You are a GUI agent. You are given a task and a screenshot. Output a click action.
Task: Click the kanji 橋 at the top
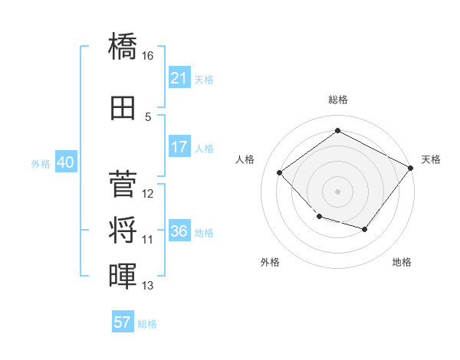tap(123, 46)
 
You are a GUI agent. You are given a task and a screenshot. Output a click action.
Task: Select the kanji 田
tap(123, 108)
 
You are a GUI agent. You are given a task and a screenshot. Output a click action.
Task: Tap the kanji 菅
tap(123, 184)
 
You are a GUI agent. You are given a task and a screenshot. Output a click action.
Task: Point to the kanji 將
tap(123, 230)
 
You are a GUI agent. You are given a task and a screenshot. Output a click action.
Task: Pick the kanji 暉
tap(123, 276)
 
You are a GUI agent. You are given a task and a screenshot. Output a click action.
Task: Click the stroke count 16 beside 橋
tap(147, 56)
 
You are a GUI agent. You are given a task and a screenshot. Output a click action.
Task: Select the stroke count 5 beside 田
tap(148, 117)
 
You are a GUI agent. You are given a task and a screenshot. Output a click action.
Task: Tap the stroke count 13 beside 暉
tap(147, 285)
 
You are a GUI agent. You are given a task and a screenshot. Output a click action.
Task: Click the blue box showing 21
tap(179, 77)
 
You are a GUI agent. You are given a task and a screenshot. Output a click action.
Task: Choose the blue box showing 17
tap(179, 146)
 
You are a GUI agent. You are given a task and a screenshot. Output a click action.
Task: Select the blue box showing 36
tap(179, 230)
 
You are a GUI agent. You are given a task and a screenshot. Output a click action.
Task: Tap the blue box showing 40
tap(66, 162)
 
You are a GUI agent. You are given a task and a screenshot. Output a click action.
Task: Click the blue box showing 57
tap(123, 321)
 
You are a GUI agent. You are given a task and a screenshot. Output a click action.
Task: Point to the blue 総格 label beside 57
tap(147, 324)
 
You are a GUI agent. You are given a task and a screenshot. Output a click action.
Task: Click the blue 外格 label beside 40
tap(41, 164)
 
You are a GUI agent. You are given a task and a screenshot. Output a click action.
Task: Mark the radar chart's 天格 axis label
tap(431, 159)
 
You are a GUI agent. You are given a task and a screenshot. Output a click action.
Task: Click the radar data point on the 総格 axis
tap(337, 130)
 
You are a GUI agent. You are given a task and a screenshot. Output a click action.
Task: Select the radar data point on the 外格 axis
tap(320, 216)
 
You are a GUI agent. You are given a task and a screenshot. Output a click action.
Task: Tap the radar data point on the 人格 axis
tap(279, 172)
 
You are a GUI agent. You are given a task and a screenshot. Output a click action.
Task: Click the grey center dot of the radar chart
tap(337, 191)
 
